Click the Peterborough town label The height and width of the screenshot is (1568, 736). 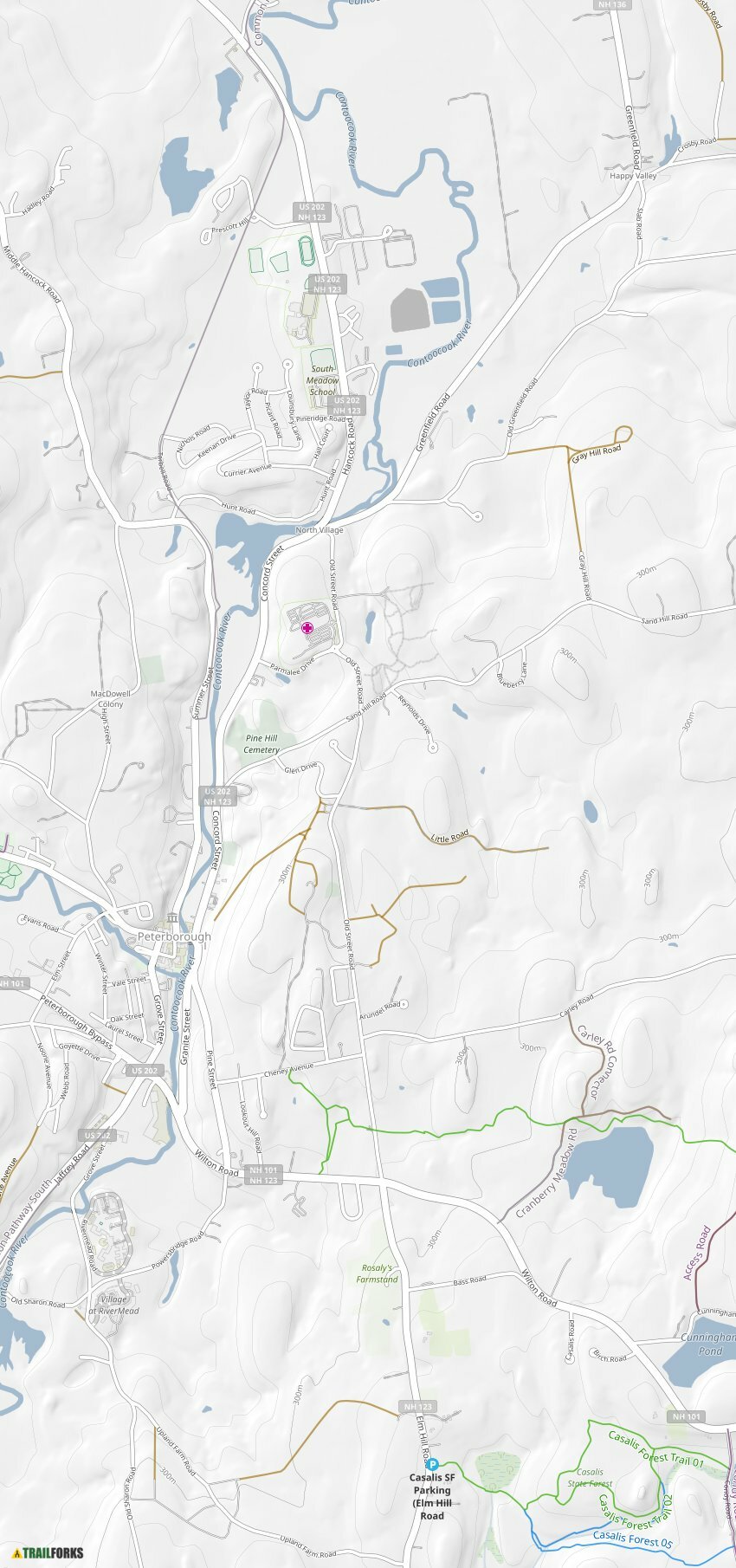coord(174,936)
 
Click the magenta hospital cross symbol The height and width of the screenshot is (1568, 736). coord(307,627)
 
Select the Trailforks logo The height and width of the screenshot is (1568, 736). coord(48,1552)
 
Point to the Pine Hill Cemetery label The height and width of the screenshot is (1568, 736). coord(261,744)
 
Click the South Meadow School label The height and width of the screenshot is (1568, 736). coord(322,380)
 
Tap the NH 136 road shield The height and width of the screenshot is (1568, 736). coord(612,4)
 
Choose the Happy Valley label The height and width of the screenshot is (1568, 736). coord(633,176)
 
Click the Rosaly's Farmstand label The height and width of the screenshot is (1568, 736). coord(377,1273)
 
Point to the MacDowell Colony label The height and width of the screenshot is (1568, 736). coord(111,698)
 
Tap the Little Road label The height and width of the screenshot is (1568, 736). coord(449,836)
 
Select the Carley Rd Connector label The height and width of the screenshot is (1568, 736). coord(599,1064)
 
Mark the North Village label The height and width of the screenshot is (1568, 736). coord(319,529)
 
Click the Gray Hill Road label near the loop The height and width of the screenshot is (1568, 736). coord(597,453)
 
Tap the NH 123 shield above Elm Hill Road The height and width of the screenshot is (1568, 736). coord(418,1406)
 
